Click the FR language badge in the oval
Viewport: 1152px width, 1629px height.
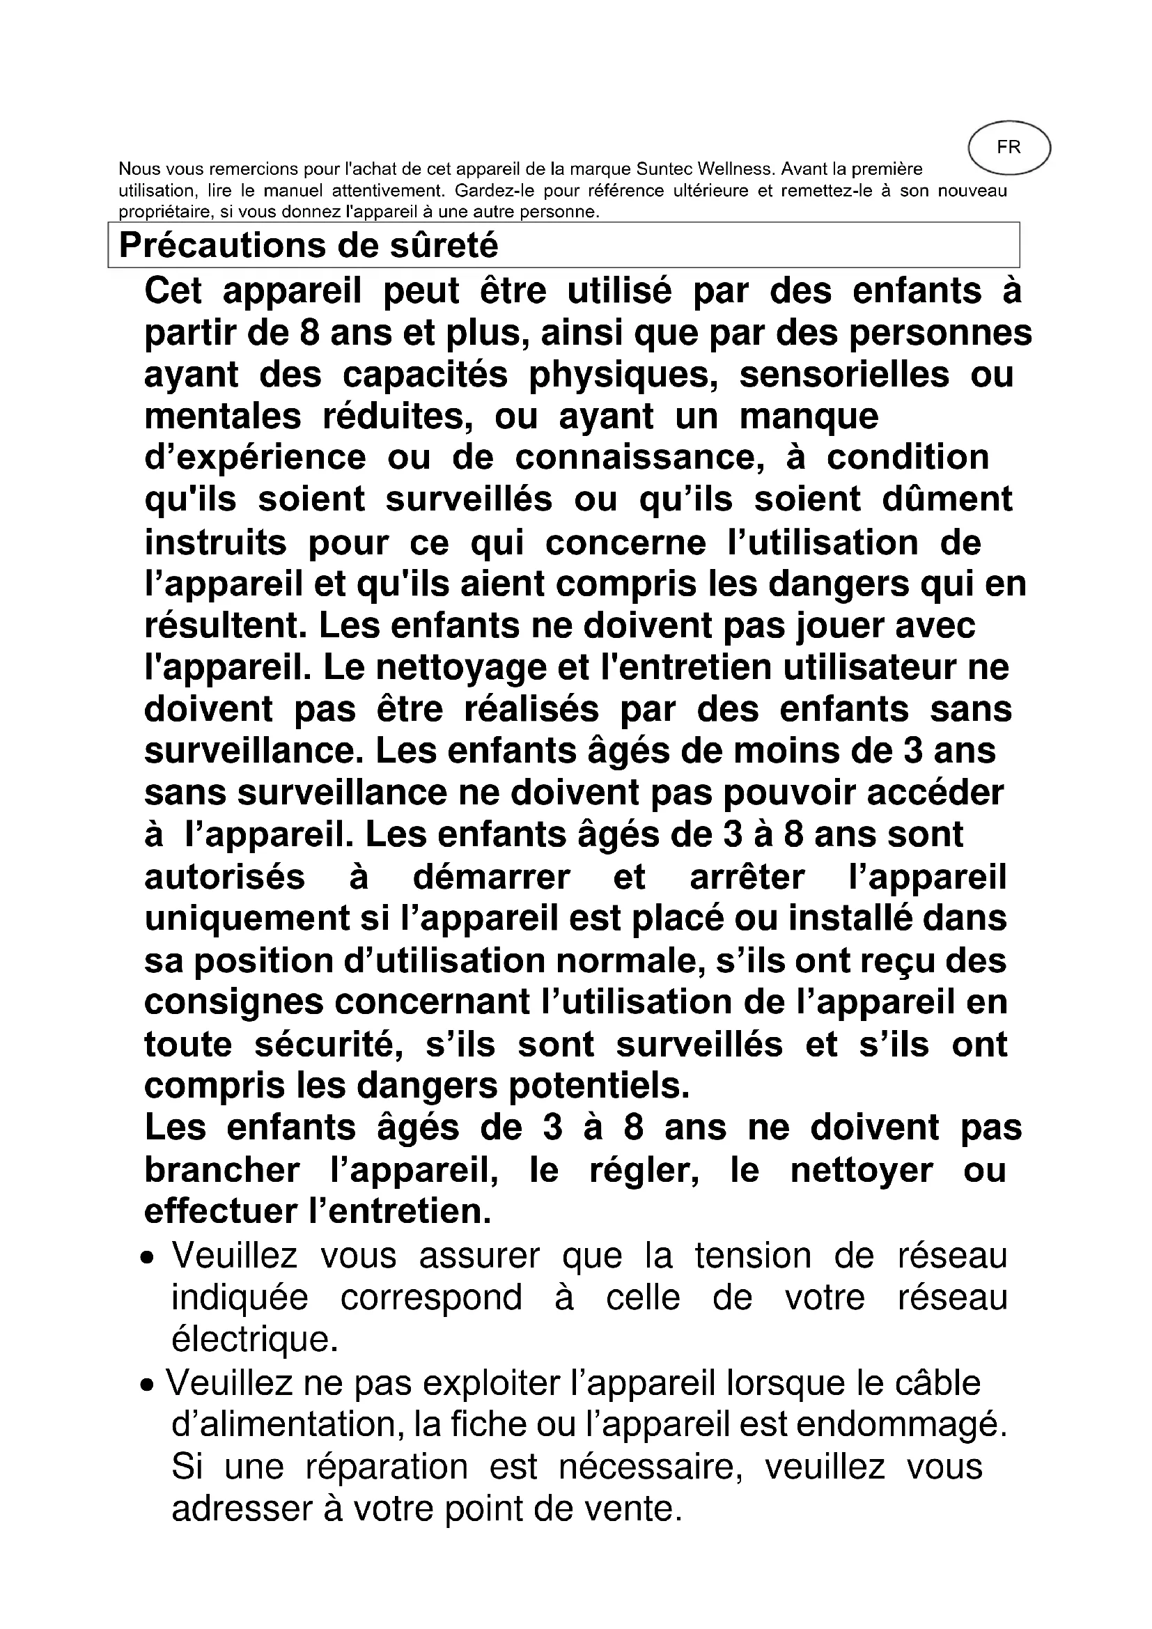click(x=1008, y=148)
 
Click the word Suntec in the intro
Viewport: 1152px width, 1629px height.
click(x=666, y=169)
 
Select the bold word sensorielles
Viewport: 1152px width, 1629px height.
click(x=844, y=375)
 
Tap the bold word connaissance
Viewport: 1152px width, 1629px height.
click(x=639, y=458)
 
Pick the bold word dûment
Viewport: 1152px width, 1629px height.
click(x=947, y=499)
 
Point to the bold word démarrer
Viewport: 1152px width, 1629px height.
click(x=491, y=877)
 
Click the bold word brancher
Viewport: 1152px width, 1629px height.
click(x=222, y=1170)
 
